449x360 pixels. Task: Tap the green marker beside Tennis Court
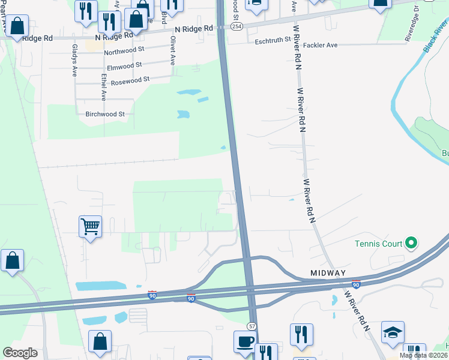tap(411, 243)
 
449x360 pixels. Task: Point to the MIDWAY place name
tap(328, 273)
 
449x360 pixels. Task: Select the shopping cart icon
tap(90, 227)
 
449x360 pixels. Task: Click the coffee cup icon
tap(244, 341)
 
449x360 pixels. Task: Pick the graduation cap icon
tap(393, 332)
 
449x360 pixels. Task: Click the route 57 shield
tap(252, 325)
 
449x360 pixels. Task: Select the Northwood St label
tap(124, 52)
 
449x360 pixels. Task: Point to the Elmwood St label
tap(124, 65)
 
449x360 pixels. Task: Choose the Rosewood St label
tap(130, 80)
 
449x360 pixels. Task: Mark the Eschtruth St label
tap(273, 40)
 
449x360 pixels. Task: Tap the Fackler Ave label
tap(320, 45)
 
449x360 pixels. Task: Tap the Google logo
tap(20, 352)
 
